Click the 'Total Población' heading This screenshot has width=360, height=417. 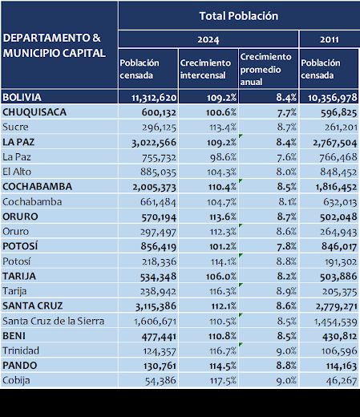coord(238,15)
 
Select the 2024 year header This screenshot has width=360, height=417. coord(208,38)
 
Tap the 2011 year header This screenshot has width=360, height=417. coord(328,38)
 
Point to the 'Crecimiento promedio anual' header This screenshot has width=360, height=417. coord(268,69)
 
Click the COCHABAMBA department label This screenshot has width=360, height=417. coord(37,186)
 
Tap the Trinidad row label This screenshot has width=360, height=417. coord(22,350)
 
